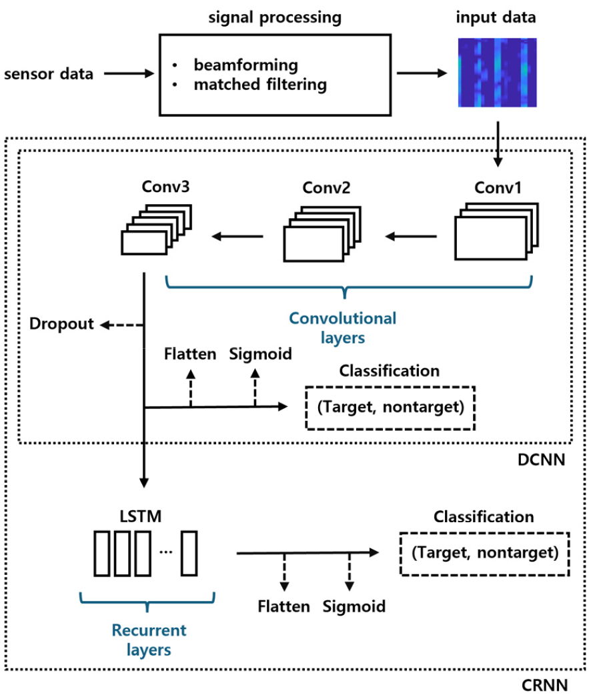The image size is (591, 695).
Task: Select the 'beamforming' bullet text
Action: pyautogui.click(x=246, y=65)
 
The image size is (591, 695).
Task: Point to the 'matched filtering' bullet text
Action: pyautogui.click(x=260, y=85)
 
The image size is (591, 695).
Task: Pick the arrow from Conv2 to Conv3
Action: pyautogui.click(x=237, y=235)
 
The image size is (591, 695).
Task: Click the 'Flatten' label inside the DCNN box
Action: pyautogui.click(x=190, y=354)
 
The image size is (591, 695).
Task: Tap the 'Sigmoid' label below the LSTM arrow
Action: pyautogui.click(x=354, y=607)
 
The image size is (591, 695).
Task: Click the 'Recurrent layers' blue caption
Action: pyautogui.click(x=149, y=639)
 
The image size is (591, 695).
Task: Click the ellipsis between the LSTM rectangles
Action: pyautogui.click(x=166, y=552)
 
